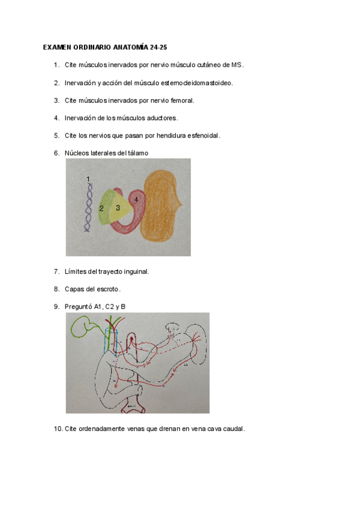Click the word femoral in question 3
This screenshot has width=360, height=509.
181,100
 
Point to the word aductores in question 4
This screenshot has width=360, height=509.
162,118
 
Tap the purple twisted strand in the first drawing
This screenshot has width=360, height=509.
89,207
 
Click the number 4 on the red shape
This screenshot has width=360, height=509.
136,199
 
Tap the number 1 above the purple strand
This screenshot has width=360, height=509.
88,179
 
